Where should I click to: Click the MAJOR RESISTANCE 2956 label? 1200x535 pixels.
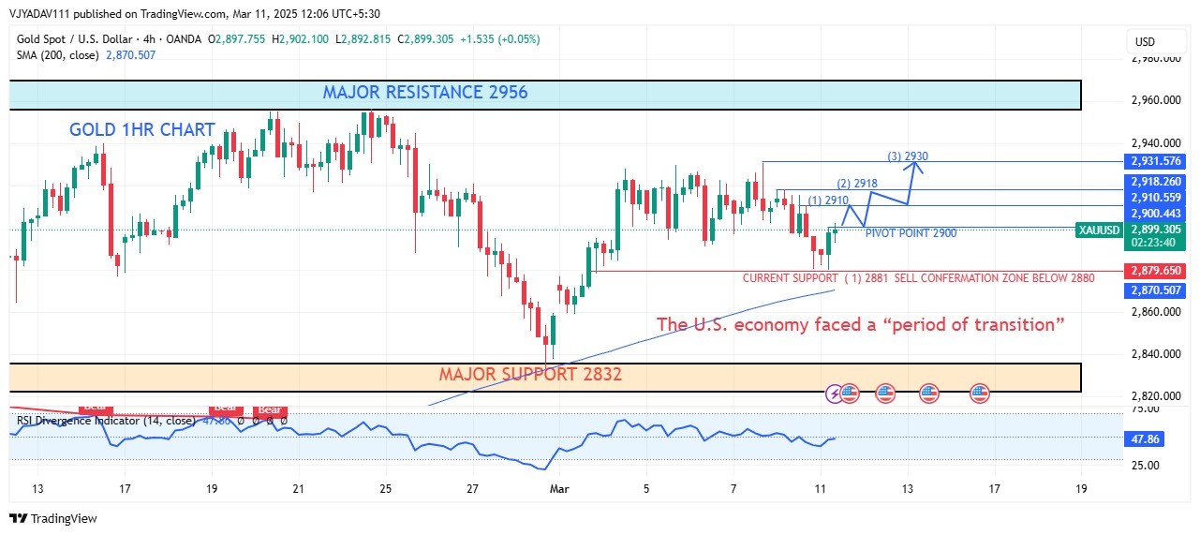424,93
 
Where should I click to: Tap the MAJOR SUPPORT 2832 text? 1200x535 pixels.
530,375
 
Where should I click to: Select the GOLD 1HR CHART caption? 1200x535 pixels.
142,130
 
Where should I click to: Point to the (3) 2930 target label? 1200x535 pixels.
907,156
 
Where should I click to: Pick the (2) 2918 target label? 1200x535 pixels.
856,184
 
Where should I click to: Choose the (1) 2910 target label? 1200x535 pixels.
828,201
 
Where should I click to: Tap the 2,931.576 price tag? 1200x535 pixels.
1155,162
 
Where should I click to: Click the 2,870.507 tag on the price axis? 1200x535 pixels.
1155,290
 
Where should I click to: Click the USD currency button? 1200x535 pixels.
1145,42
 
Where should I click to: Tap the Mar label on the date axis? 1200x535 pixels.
559,488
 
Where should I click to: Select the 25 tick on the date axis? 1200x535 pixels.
385,488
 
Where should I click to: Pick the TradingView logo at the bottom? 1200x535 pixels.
53,518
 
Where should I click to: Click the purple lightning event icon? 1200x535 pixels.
836,394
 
